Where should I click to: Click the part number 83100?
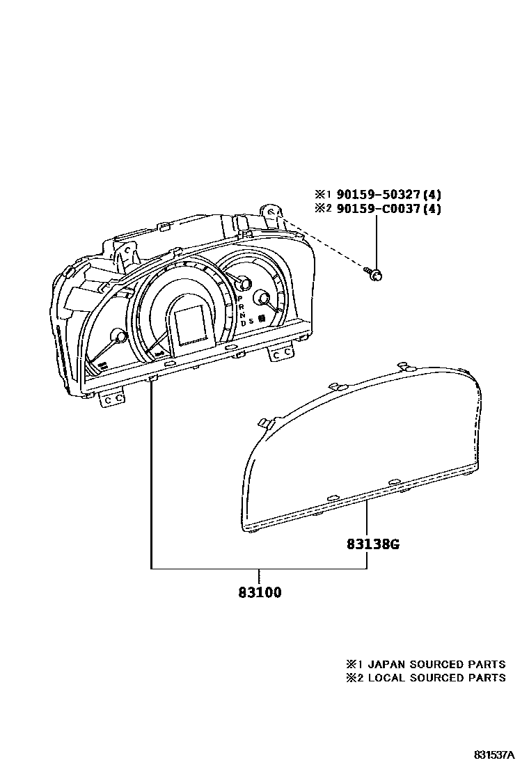tap(259, 593)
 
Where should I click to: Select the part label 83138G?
tap(373, 544)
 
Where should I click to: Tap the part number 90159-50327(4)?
tap(389, 195)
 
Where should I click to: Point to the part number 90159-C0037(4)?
tap(389, 208)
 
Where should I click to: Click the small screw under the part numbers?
tap(374, 274)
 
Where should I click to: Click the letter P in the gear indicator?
tap(240, 298)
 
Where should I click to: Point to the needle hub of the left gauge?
tap(120, 337)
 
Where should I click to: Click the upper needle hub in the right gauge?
tap(244, 282)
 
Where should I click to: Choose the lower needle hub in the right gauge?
tap(264, 299)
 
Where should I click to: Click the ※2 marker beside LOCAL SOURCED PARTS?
tap(353, 677)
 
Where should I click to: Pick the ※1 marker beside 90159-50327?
tap(324, 195)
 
